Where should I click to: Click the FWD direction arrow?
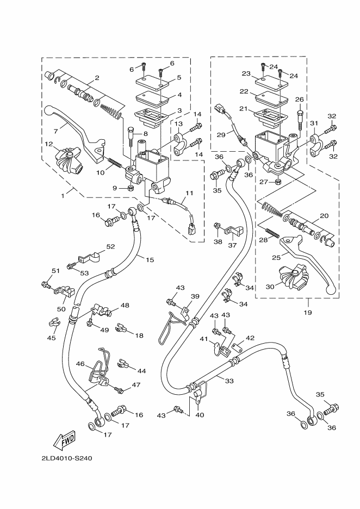(65, 438)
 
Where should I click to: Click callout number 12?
(49, 144)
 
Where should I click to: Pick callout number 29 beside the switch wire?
(221, 134)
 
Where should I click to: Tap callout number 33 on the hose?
(229, 381)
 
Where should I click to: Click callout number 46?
(79, 364)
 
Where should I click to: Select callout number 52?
(111, 246)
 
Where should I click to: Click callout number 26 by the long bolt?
(299, 99)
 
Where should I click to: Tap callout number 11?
(189, 194)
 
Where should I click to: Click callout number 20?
(324, 215)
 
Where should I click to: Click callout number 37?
(233, 245)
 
